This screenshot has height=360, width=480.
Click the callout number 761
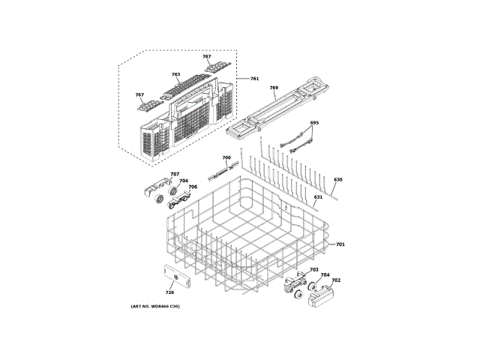[254, 79]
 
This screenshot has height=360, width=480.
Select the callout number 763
[175, 75]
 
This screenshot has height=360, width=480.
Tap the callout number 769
[274, 88]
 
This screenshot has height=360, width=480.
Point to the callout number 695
[314, 122]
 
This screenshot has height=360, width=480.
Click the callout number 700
[226, 157]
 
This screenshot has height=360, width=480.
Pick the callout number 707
[175, 175]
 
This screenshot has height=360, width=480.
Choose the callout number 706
[192, 187]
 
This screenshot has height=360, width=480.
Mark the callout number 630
[337, 180]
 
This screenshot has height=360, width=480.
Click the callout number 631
[318, 197]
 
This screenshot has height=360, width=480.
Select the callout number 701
[340, 245]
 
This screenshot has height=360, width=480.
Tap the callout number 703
[314, 269]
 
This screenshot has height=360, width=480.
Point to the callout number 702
[336, 280]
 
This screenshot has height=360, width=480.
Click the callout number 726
[169, 292]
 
